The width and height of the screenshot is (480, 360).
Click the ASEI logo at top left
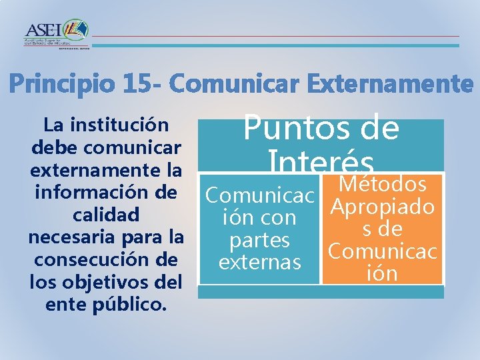(x=57, y=33)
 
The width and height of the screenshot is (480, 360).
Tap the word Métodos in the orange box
(x=382, y=183)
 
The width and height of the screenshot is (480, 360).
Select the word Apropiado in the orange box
(x=382, y=207)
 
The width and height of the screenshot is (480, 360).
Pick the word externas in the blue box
(x=259, y=261)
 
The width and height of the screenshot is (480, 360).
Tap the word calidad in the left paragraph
(x=105, y=215)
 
